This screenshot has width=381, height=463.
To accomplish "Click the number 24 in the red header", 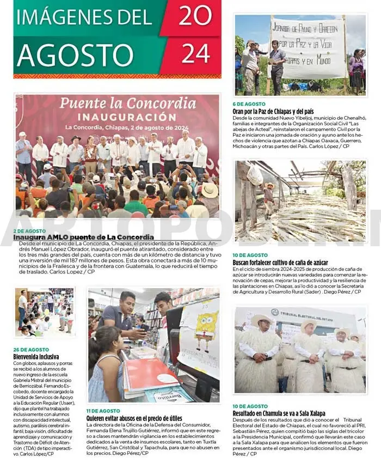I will click(195, 54).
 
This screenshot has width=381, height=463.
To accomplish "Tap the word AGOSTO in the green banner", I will click(75, 54).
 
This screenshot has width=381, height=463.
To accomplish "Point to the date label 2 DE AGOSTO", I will click(29, 231).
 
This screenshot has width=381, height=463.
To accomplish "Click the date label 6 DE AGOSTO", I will click(249, 104).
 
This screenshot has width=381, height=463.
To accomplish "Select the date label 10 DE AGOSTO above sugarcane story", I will click(250, 255).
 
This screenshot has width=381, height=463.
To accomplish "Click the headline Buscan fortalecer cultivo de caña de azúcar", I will click(280, 262).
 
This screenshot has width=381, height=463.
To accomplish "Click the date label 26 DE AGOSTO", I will click(30, 349).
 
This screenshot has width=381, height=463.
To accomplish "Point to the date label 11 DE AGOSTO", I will click(103, 411).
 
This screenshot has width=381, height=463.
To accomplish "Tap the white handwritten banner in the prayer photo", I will click(308, 48).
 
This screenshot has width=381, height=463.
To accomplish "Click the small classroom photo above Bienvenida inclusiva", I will click(44, 312).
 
